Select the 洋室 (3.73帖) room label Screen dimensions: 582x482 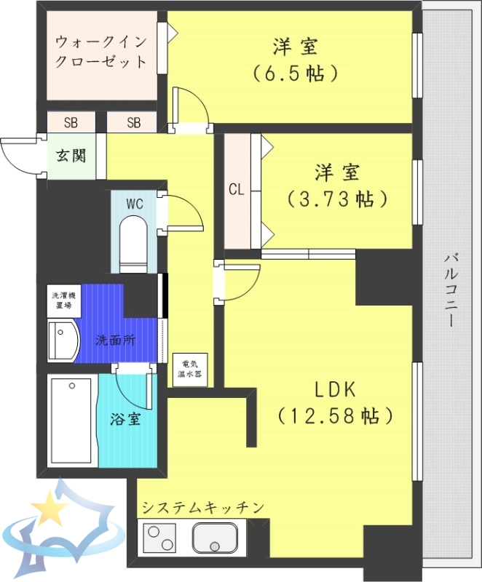pos(336,186)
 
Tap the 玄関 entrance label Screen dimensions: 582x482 pos(71,156)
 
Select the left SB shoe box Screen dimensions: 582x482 pos(71,122)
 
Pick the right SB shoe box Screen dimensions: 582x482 pos(133,122)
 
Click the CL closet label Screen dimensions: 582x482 pos(236,191)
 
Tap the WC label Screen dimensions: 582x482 pos(135,204)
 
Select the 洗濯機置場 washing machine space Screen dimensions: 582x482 pos(62,300)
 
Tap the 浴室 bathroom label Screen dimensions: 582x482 pos(125,420)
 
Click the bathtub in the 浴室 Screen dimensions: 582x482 pos(71,422)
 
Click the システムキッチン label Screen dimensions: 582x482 pos(202,507)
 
